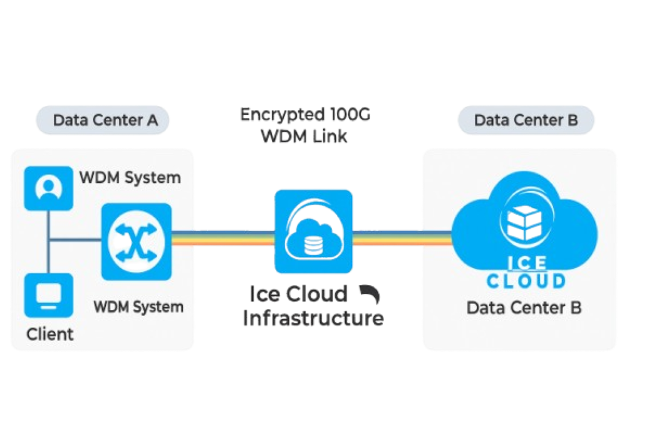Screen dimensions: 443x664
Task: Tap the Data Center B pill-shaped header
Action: tap(526, 120)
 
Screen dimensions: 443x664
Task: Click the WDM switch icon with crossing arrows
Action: tap(136, 241)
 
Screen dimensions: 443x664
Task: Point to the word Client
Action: tap(50, 334)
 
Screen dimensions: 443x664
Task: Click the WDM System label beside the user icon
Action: tap(130, 177)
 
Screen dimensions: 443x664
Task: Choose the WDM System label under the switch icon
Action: tap(138, 307)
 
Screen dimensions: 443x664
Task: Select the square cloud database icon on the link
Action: tap(313, 230)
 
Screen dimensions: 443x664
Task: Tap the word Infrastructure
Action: tap(313, 317)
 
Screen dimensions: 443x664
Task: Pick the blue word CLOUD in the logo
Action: tap(526, 280)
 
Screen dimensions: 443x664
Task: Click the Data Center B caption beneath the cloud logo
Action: tap(524, 308)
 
